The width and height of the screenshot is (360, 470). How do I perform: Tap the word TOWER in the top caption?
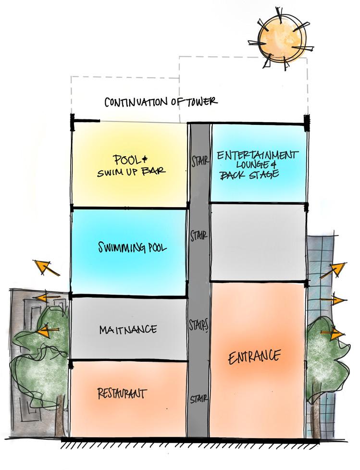point(201,101)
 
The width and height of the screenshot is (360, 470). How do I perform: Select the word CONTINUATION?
point(132,102)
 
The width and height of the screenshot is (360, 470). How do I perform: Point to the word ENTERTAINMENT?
point(255,156)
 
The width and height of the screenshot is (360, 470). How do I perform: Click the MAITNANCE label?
point(127,330)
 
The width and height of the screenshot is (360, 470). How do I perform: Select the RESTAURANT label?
point(122,394)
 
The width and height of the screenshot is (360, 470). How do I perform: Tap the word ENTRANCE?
point(254,357)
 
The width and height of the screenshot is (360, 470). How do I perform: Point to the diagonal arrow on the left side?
point(46,267)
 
